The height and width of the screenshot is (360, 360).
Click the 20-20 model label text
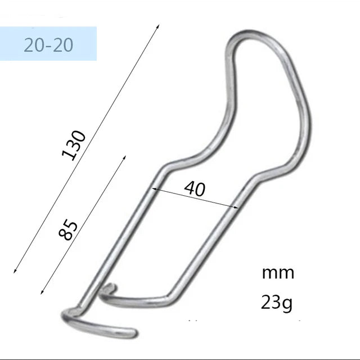48,44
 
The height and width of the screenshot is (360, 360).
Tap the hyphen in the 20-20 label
48,46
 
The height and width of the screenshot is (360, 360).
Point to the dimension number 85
69,229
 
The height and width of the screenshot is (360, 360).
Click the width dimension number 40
195,188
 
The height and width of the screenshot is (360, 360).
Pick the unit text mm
278,273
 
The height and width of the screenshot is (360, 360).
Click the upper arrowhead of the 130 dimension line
158,26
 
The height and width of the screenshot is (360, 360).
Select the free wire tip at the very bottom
133,333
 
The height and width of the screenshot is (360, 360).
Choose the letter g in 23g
287,305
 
